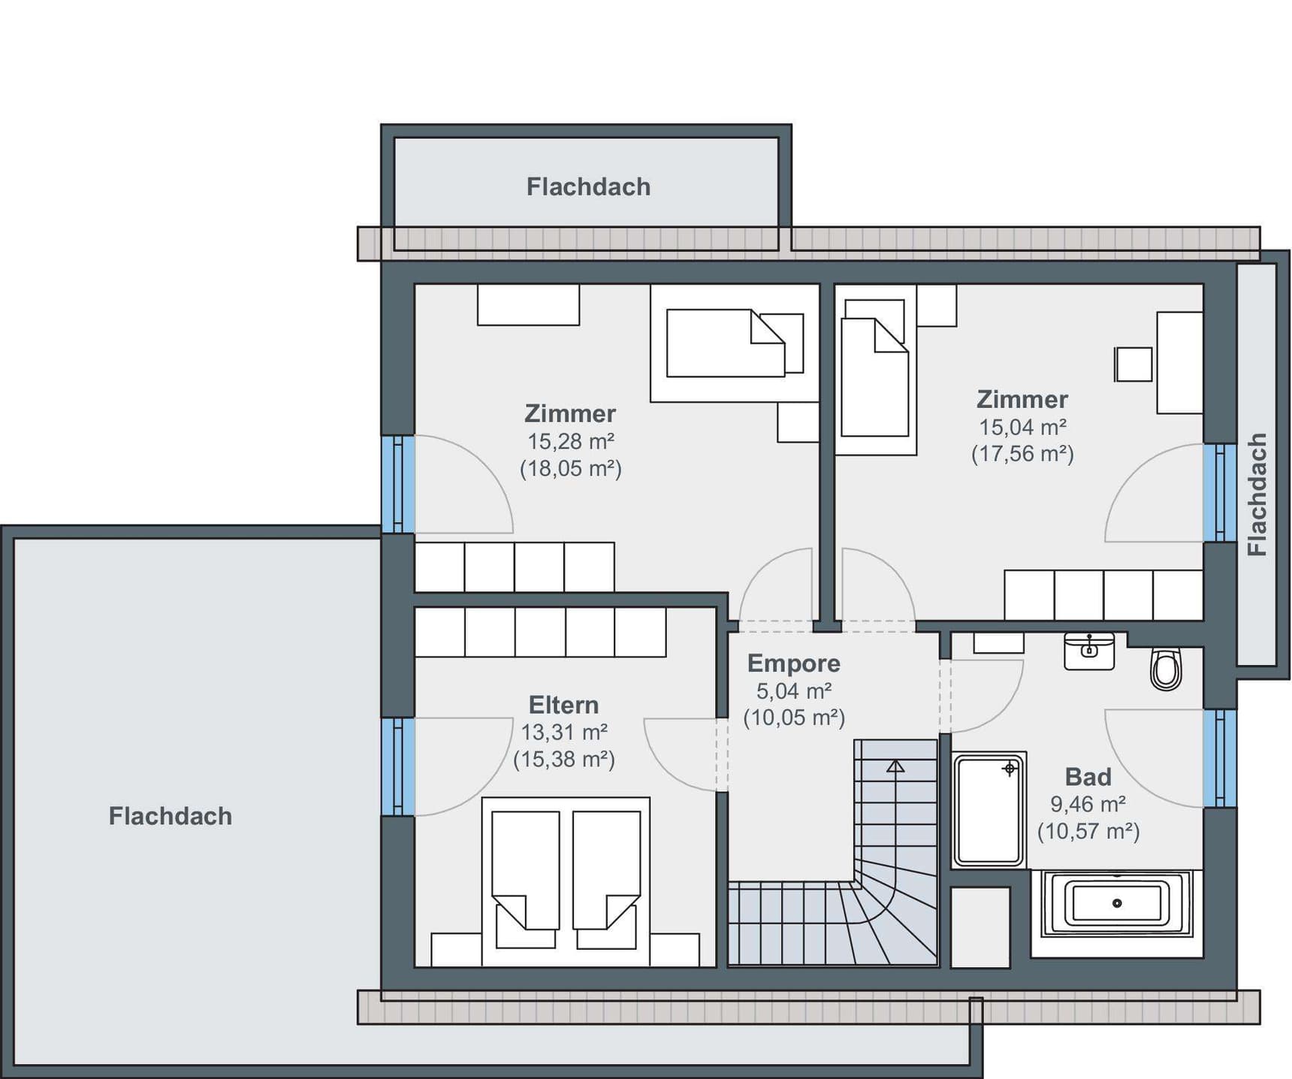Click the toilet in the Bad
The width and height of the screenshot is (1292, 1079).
(x=1166, y=668)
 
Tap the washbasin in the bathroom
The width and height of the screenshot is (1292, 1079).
(x=1089, y=651)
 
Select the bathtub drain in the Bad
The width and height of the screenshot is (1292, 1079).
(x=1117, y=903)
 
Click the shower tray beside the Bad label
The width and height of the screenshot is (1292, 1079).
(x=989, y=810)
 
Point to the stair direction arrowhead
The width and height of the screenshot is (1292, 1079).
(x=895, y=766)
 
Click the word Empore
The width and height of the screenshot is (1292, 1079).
(x=793, y=663)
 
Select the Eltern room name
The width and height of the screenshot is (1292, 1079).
(x=563, y=705)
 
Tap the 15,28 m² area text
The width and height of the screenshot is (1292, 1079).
(x=571, y=441)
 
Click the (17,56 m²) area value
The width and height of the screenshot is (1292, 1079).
(x=1022, y=454)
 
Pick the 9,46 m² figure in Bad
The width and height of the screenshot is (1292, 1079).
(x=1088, y=805)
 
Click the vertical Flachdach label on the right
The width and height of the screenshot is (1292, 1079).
(x=1257, y=494)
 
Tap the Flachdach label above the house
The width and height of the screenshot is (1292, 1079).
(x=588, y=187)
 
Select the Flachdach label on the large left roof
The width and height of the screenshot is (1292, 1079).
(x=171, y=816)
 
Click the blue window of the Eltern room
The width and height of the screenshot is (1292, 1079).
(x=398, y=766)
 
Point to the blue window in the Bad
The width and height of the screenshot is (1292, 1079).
(x=1220, y=757)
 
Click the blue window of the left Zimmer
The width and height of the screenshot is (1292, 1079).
(x=398, y=485)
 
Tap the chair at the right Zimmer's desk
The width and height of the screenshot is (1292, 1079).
(x=1134, y=364)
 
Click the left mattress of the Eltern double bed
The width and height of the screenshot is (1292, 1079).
(x=526, y=870)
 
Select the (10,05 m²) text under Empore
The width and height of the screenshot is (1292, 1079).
(x=794, y=718)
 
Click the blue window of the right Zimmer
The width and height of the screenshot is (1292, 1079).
(x=1220, y=492)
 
